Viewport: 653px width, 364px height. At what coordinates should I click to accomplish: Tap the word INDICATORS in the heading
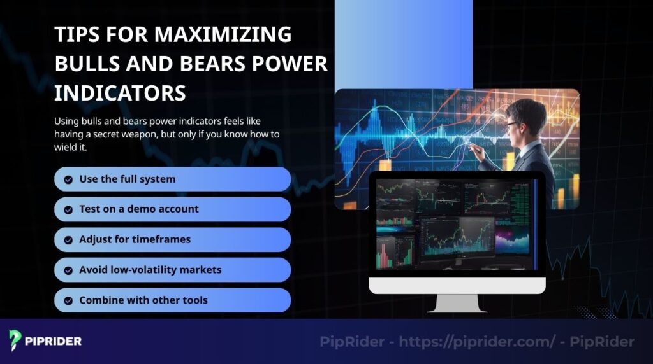click(120, 93)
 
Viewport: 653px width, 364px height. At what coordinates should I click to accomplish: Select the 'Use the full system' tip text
click(127, 179)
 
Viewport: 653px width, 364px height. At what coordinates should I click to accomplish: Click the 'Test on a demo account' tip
click(138, 209)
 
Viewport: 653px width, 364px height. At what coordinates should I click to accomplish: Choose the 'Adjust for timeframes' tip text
click(135, 239)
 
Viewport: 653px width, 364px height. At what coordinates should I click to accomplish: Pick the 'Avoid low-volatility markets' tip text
click(150, 270)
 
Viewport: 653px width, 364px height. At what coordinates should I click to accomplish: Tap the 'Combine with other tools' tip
click(143, 300)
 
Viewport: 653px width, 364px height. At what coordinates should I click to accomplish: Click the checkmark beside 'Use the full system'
click(68, 179)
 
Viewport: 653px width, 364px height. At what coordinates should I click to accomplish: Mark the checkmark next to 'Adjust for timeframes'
click(68, 240)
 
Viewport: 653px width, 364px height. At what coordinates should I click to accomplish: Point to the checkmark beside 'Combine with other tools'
click(68, 300)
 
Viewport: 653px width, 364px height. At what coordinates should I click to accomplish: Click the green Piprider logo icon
click(15, 340)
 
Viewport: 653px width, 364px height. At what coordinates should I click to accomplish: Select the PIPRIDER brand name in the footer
click(54, 341)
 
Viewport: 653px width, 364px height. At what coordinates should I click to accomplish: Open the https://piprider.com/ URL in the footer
click(478, 342)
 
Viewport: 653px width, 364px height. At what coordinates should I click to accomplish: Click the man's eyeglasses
click(512, 125)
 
